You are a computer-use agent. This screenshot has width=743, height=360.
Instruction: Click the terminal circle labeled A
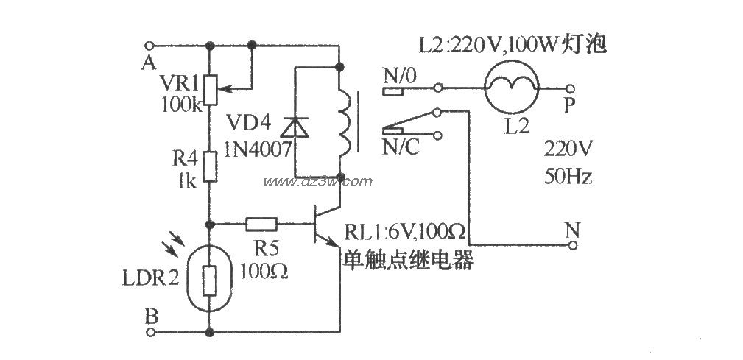pos(151,44)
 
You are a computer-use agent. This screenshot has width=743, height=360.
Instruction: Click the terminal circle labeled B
pos(151,333)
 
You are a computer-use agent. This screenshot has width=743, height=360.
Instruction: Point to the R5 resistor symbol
pos(261,224)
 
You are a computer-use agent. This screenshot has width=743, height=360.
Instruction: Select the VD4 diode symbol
pos(297,127)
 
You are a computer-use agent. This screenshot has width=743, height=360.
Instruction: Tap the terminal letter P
pos(569,106)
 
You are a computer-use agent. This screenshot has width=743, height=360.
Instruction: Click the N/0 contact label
pos(400,74)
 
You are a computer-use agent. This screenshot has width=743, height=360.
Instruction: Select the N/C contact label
pos(400,147)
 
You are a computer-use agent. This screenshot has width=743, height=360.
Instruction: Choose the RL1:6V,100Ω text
pos(405,236)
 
